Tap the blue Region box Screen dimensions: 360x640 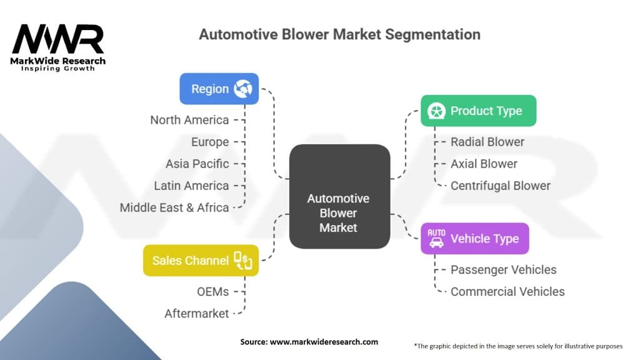click(x=218, y=89)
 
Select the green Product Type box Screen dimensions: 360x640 click(x=478, y=111)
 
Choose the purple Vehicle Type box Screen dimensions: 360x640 click(x=474, y=238)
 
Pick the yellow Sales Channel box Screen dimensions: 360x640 click(x=201, y=260)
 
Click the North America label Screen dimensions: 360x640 click(x=189, y=120)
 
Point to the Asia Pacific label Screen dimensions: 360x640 click(x=197, y=164)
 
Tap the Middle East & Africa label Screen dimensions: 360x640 click(x=174, y=207)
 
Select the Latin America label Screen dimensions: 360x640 click(x=191, y=186)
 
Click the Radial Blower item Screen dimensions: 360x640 click(x=487, y=142)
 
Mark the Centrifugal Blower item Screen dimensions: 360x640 click(x=500, y=186)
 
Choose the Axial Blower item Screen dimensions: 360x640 click(x=484, y=164)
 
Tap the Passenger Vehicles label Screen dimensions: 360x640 click(x=503, y=270)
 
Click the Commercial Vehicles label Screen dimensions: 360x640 click(x=507, y=292)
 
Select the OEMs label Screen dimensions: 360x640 click(x=212, y=292)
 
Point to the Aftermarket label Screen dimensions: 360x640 click(x=197, y=314)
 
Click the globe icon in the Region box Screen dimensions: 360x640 click(x=243, y=89)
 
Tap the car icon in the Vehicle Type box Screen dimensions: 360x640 click(x=436, y=238)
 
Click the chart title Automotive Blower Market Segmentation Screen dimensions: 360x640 click(x=339, y=34)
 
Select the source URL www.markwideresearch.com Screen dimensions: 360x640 click(x=309, y=342)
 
